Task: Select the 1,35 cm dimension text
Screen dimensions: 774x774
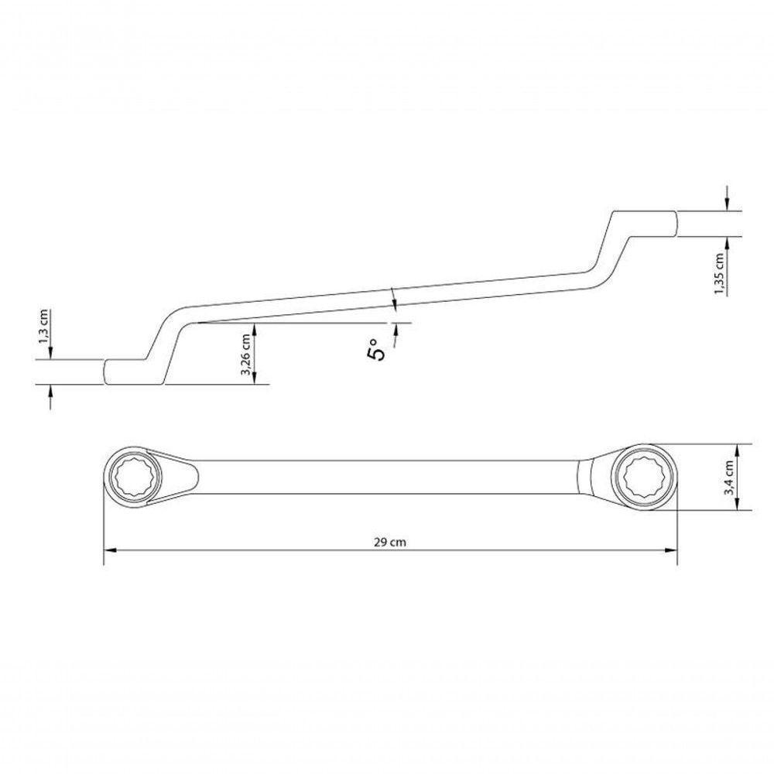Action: [x=719, y=273]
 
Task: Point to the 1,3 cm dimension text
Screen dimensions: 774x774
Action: [x=45, y=327]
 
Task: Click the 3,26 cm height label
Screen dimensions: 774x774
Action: [x=246, y=354]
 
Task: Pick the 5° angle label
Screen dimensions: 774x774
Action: [x=375, y=350]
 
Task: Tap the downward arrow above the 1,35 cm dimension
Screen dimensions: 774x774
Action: [x=728, y=204]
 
